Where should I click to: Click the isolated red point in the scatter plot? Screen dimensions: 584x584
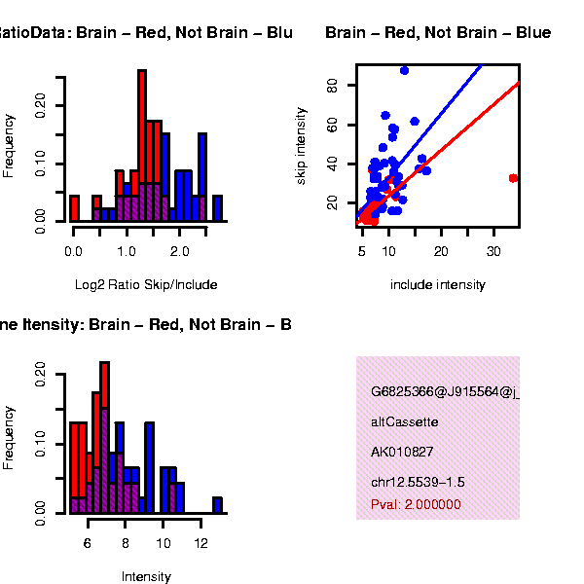(513, 178)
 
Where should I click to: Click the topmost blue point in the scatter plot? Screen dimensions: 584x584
(404, 70)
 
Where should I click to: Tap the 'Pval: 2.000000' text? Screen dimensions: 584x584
(416, 504)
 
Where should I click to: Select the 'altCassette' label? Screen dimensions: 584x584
(405, 422)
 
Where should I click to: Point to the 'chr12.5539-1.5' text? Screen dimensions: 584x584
(418, 483)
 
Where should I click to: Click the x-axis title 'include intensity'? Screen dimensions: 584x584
(437, 285)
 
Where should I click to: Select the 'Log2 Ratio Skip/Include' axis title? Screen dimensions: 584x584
(146, 285)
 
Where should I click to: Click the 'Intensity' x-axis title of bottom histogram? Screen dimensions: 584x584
(146, 576)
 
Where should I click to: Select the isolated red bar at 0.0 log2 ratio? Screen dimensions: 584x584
(74, 208)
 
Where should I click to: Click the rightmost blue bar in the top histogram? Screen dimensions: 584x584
(217, 208)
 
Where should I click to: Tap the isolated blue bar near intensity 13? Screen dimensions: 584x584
(217, 505)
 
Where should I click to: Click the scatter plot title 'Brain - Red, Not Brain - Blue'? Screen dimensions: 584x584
(438, 33)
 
